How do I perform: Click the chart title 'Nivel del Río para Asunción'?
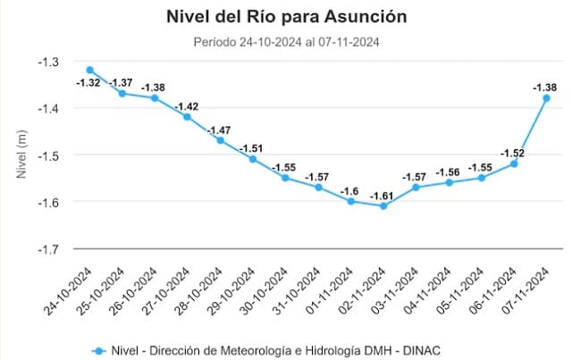[286, 16]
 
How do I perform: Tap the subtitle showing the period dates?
[286, 41]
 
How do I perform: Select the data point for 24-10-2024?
[90, 70]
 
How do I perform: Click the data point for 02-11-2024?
[383, 205]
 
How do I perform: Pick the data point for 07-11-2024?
[546, 98]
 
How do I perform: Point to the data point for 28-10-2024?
[221, 140]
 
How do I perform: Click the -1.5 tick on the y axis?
[48, 155]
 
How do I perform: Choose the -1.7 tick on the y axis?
[48, 248]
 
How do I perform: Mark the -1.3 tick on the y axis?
[48, 62]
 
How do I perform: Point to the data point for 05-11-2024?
[481, 178]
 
